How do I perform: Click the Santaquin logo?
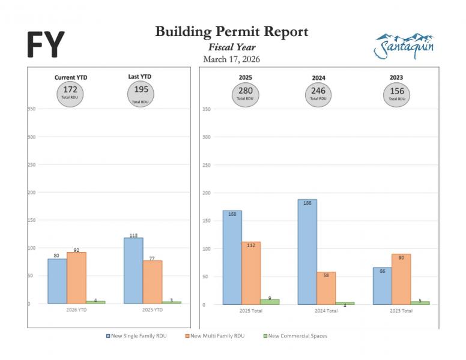(x=404, y=45)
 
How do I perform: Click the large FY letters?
(x=46, y=44)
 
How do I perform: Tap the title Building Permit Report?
(x=231, y=32)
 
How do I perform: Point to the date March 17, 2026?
(x=231, y=59)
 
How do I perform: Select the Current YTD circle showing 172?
(x=70, y=92)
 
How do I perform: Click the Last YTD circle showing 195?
(x=140, y=92)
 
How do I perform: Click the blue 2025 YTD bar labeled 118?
(x=133, y=271)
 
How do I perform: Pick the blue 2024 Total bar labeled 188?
(x=307, y=252)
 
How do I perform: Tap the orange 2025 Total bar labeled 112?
(x=250, y=273)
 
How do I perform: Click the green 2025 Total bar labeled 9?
(x=270, y=302)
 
